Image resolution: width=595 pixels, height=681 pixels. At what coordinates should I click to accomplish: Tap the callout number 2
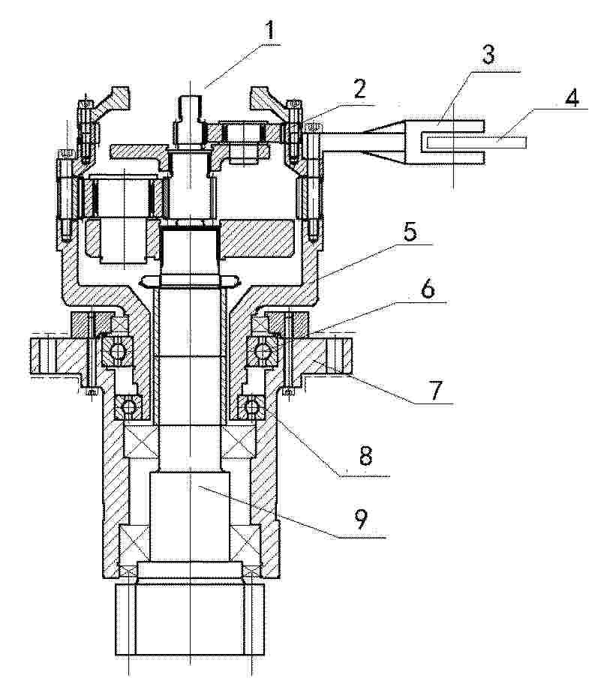click(x=359, y=88)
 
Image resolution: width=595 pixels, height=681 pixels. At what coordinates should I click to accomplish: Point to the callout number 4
click(x=572, y=97)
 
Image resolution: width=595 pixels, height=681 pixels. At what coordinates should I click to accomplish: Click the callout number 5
click(x=410, y=232)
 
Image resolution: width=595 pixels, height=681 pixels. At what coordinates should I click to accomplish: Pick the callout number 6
click(x=428, y=289)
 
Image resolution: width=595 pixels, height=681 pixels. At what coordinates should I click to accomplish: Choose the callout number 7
click(x=435, y=389)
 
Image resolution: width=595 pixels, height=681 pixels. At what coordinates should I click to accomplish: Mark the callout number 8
click(x=365, y=456)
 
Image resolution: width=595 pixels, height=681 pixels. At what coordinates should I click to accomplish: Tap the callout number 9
click(x=360, y=518)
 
